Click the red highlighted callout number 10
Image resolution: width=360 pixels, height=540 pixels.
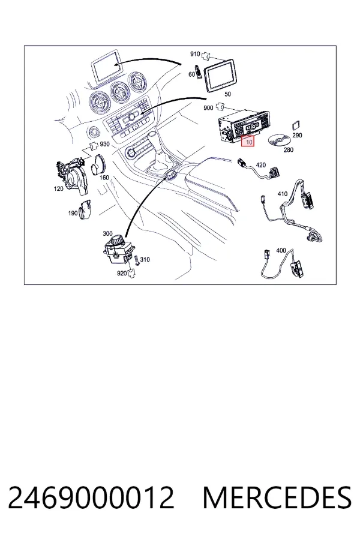(248, 141)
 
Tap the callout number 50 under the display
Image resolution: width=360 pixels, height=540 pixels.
(227, 94)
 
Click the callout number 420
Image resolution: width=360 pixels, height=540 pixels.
(261, 165)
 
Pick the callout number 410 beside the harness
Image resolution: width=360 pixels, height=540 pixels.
(283, 194)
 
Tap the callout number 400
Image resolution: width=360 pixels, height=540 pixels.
(281, 250)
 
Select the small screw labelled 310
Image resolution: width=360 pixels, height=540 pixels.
(137, 260)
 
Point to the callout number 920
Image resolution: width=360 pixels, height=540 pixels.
(122, 273)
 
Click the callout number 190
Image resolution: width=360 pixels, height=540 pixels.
(73, 213)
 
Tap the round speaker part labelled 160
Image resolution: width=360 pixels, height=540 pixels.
(99, 165)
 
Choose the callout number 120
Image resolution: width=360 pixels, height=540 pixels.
(59, 189)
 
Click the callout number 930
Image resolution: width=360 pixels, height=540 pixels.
(105, 144)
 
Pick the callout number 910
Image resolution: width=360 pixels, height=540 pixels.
(195, 54)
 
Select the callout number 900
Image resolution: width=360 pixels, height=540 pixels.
(208, 108)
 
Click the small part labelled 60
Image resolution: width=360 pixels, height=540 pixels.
(199, 71)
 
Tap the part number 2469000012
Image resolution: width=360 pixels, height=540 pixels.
(91, 497)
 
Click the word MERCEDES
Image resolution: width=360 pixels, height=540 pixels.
(277, 497)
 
